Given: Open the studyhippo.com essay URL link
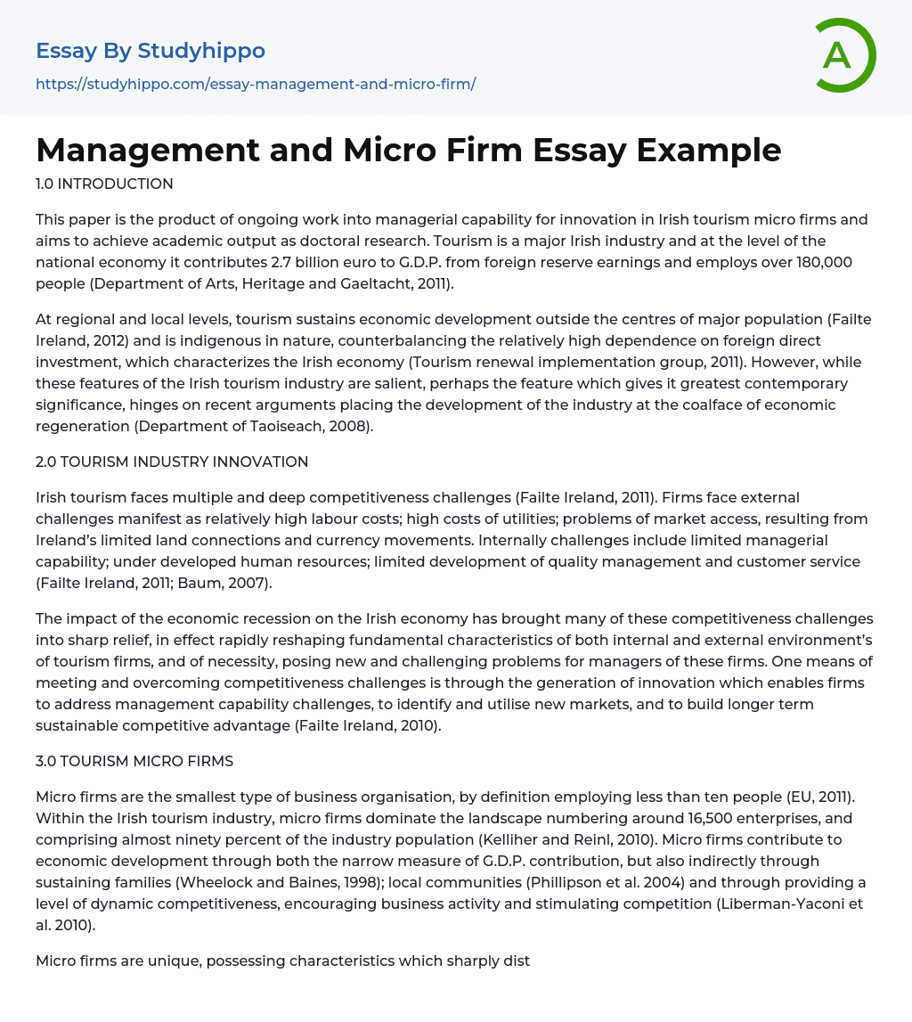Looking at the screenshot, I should [256, 84].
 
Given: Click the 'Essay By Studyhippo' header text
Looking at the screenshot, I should [151, 51].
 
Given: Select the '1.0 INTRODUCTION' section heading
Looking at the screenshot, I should [104, 184].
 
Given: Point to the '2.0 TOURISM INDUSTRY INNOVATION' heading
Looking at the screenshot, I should [172, 462].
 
